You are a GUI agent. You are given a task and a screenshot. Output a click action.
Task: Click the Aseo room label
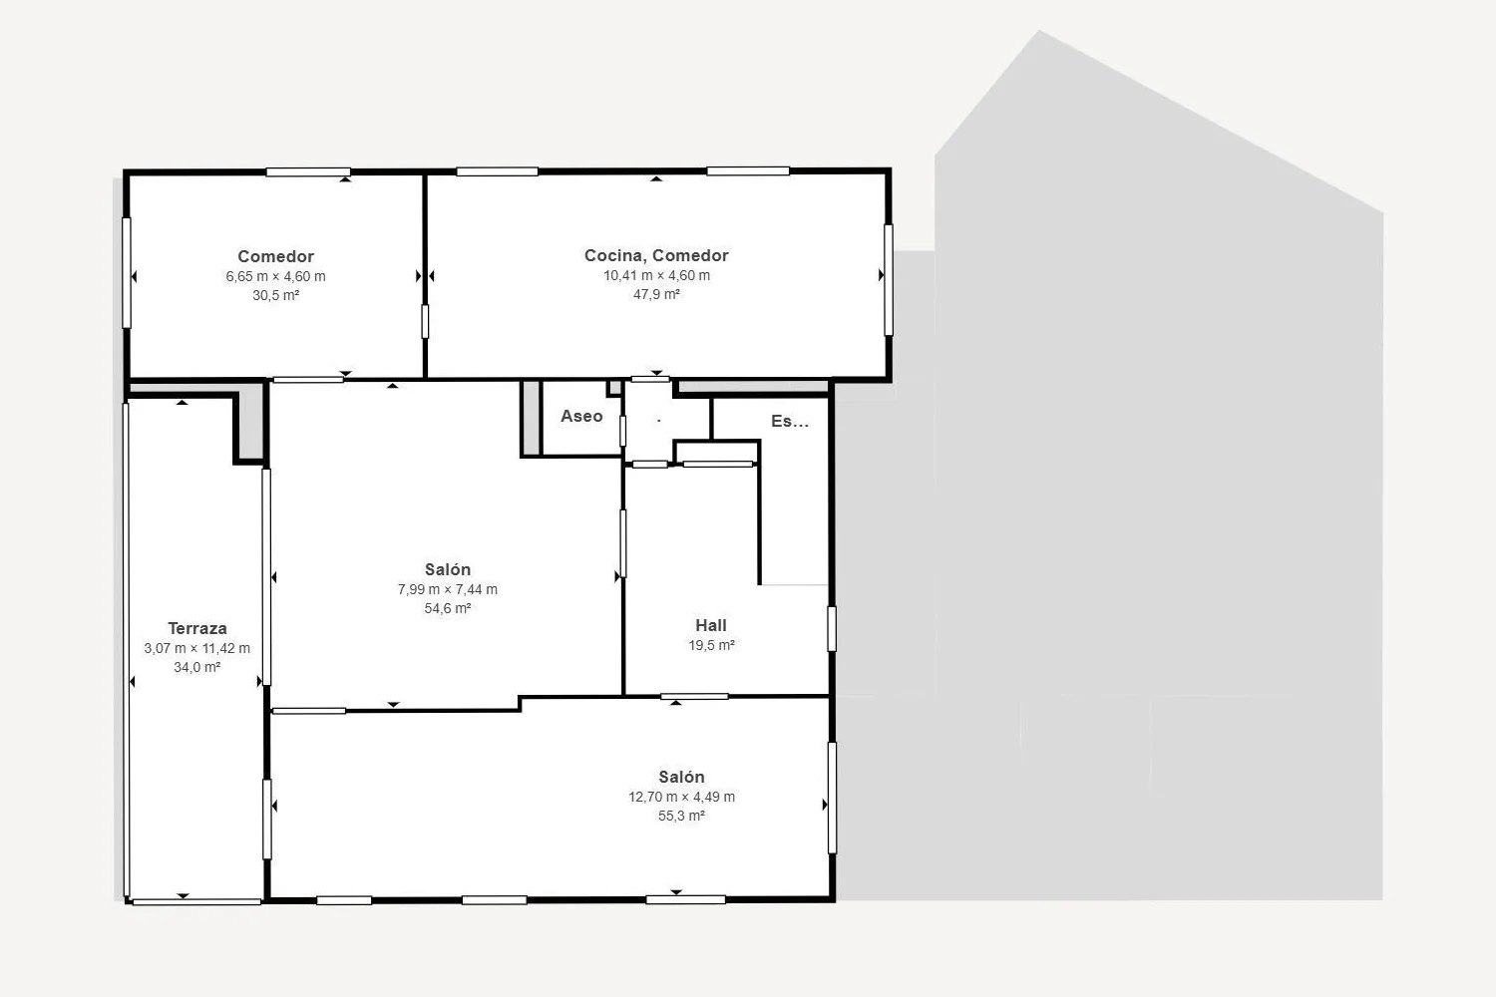pyautogui.click(x=581, y=416)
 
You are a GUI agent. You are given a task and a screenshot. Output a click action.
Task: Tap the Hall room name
pyautogui.click(x=710, y=626)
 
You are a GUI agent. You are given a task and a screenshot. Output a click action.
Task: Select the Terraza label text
pyautogui.click(x=197, y=628)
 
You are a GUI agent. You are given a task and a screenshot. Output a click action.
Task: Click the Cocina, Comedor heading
pyautogui.click(x=656, y=255)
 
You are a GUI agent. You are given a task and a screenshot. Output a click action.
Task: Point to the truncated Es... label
pyautogui.click(x=790, y=421)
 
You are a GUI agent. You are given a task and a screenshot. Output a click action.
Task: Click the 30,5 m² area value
pyautogui.click(x=275, y=295)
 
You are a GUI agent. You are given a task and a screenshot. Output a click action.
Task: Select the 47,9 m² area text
pyautogui.click(x=656, y=294)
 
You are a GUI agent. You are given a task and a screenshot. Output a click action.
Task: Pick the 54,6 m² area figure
pyautogui.click(x=448, y=608)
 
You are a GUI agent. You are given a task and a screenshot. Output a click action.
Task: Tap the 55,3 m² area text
pyautogui.click(x=681, y=816)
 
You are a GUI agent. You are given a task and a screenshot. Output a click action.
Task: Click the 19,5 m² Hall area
pyautogui.click(x=711, y=645)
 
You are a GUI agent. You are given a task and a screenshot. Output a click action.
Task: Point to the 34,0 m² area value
pyautogui.click(x=197, y=667)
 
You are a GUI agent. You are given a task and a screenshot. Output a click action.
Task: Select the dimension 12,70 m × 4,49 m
pyautogui.click(x=681, y=797)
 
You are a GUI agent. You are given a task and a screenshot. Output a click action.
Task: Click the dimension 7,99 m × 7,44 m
pyautogui.click(x=448, y=589)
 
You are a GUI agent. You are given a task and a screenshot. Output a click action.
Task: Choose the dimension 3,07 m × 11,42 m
pyautogui.click(x=197, y=648)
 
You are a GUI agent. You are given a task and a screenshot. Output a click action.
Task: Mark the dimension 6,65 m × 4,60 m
pyautogui.click(x=275, y=276)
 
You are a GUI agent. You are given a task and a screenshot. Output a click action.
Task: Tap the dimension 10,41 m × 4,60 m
pyautogui.click(x=656, y=275)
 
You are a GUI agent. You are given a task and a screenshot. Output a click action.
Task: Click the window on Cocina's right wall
pyautogui.click(x=889, y=280)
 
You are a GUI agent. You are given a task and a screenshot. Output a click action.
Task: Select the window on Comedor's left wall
pyautogui.click(x=127, y=272)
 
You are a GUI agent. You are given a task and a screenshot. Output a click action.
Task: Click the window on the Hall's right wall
pyautogui.click(x=832, y=628)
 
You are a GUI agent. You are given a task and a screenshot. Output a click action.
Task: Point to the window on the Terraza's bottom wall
pyautogui.click(x=196, y=901)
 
